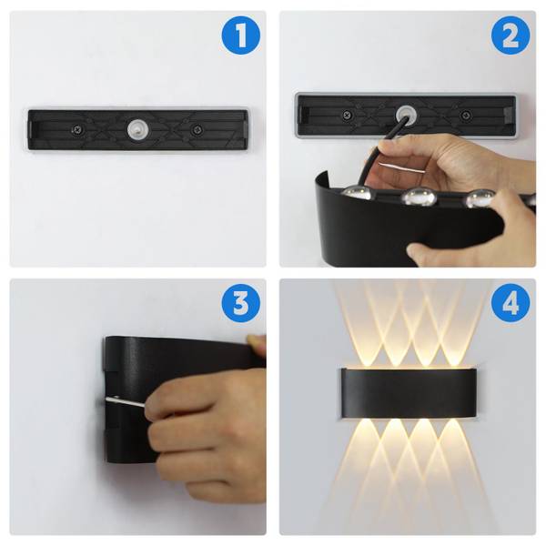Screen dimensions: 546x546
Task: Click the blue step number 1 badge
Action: click(x=241, y=35)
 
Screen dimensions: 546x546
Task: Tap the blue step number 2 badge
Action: click(x=511, y=35)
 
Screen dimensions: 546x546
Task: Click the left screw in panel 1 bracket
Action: click(x=77, y=130)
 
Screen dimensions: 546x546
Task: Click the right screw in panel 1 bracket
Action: click(x=197, y=130)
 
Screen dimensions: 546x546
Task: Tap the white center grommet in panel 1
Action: click(x=138, y=129)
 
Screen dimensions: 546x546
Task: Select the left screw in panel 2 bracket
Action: click(x=347, y=115)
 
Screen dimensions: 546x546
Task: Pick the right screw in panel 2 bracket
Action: click(x=465, y=115)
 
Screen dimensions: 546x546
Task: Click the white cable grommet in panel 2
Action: click(x=405, y=115)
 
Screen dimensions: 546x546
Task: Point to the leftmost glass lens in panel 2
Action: click(x=357, y=193)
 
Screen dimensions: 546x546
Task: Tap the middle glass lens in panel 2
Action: click(x=419, y=197)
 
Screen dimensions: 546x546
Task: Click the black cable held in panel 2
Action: click(x=380, y=147)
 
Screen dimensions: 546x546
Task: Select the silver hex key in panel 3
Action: click(x=126, y=402)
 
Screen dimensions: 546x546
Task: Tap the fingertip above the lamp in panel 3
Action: click(x=256, y=344)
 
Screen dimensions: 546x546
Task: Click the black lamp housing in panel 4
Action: click(x=409, y=393)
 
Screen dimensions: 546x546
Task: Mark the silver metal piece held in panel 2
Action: click(x=402, y=167)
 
